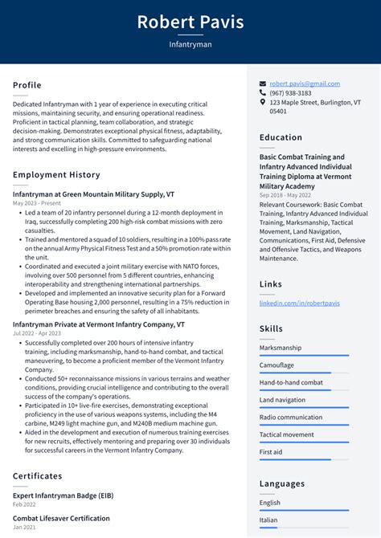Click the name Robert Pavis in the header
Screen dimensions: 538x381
(x=190, y=22)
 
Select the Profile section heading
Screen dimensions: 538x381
(x=27, y=85)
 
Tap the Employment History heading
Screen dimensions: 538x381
(x=56, y=175)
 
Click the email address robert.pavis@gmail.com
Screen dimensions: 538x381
(x=305, y=84)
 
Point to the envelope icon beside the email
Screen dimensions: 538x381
(x=263, y=84)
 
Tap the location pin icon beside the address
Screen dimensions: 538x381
(x=263, y=103)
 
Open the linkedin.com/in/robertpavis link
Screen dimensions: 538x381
(x=299, y=304)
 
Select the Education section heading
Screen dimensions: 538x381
(x=281, y=137)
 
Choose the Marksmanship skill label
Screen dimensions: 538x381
(x=281, y=348)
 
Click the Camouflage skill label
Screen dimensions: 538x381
(x=277, y=365)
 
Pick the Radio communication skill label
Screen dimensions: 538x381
(x=291, y=418)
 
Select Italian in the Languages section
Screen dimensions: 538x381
(x=269, y=520)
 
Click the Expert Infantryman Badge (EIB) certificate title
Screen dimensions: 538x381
(x=63, y=496)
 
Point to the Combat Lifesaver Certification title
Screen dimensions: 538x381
(x=61, y=519)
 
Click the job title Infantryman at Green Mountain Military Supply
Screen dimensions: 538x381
(x=93, y=194)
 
